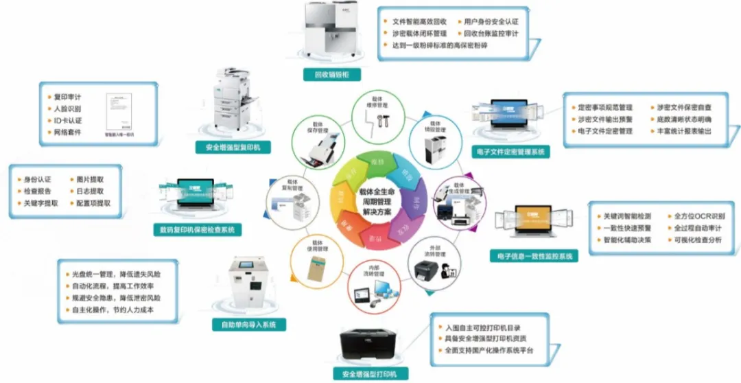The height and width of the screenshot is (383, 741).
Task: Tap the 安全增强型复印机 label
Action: click(233, 147)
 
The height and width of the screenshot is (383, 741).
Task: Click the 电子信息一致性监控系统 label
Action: click(533, 256)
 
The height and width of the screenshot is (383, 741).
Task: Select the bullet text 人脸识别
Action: click(68, 109)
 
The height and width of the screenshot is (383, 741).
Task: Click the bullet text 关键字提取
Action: click(41, 203)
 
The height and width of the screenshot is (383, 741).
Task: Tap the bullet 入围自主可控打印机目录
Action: click(483, 327)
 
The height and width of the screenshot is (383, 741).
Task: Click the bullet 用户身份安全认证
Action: click(492, 21)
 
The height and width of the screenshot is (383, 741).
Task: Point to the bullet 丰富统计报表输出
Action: click(684, 131)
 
